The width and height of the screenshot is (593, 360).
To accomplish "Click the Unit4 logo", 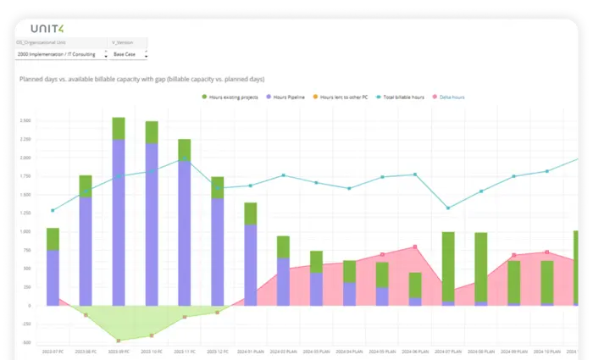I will click(x=47, y=28).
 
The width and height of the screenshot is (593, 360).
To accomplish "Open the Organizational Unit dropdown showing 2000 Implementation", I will click(x=61, y=53).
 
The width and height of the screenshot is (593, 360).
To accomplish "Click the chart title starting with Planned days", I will click(x=141, y=79).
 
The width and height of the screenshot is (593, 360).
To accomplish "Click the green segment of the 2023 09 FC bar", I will click(x=119, y=129).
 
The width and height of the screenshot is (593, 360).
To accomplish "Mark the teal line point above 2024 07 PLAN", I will click(x=448, y=208).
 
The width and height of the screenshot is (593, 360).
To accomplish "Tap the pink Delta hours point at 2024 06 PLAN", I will click(x=415, y=246).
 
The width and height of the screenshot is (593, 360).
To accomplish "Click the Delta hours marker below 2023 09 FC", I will click(x=119, y=341).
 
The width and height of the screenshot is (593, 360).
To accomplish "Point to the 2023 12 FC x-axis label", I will click(x=218, y=350).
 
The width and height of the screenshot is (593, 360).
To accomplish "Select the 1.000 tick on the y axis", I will click(x=25, y=231).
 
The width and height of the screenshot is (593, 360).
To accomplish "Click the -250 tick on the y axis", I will click(x=25, y=324).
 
